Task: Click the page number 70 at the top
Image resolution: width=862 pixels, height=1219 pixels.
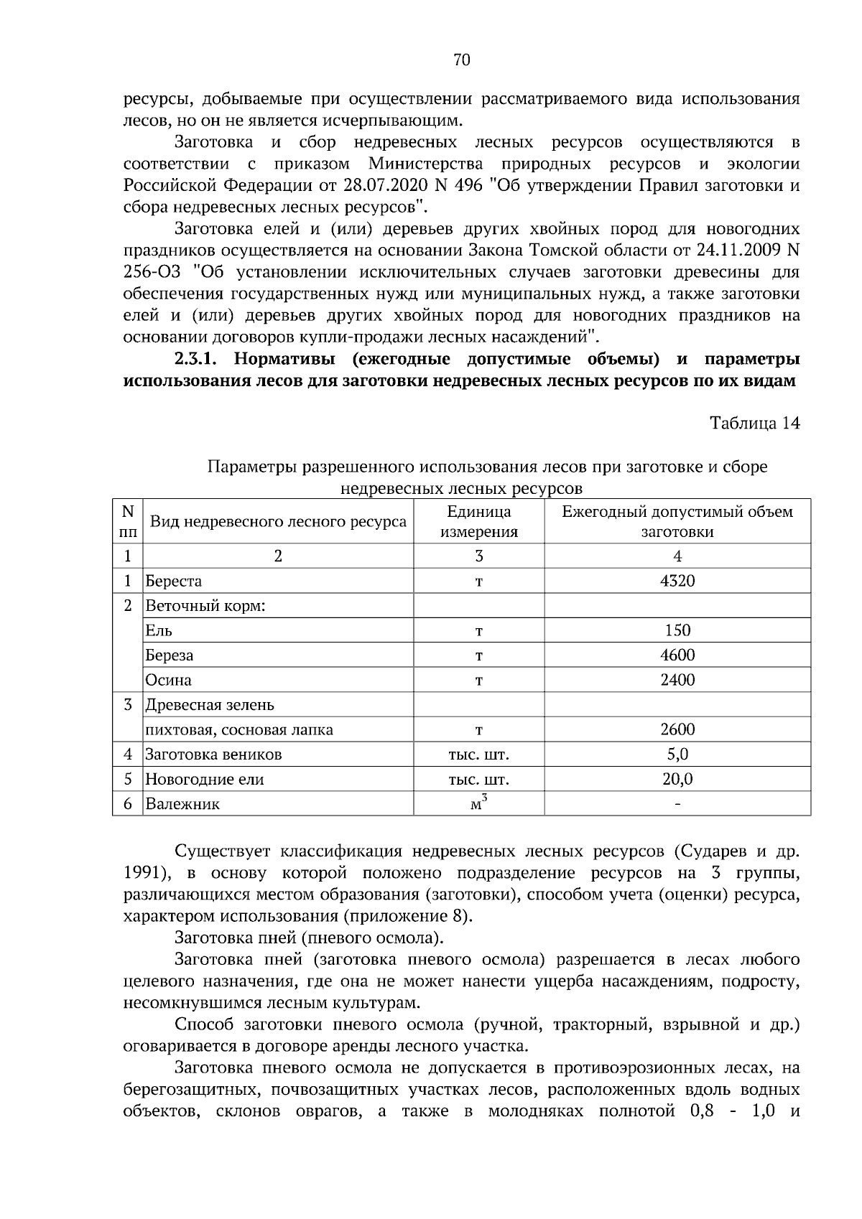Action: [461, 60]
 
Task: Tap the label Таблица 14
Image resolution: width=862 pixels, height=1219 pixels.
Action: [754, 423]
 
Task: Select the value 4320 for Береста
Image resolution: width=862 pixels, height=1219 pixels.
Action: [677, 581]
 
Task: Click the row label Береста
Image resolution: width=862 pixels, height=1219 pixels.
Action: [173, 581]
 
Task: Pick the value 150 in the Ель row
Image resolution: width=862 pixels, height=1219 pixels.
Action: [677, 630]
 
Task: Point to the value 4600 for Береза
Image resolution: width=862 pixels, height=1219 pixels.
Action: [677, 655]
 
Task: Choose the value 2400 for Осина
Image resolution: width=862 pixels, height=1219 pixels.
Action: [677, 679]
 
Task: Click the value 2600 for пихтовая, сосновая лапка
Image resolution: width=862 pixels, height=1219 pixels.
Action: [677, 729]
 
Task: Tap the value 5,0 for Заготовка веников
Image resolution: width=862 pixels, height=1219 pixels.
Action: [677, 754]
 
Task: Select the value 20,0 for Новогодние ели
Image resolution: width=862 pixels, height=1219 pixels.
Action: [677, 779]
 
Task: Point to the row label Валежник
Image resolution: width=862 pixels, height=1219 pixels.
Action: [182, 804]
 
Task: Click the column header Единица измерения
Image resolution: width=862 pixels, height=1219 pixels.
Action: [478, 522]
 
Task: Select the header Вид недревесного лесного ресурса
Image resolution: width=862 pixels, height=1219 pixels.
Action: [278, 522]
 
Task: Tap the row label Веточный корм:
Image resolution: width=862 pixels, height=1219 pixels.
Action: [205, 605]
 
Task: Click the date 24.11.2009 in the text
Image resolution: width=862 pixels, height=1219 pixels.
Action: [738, 251]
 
